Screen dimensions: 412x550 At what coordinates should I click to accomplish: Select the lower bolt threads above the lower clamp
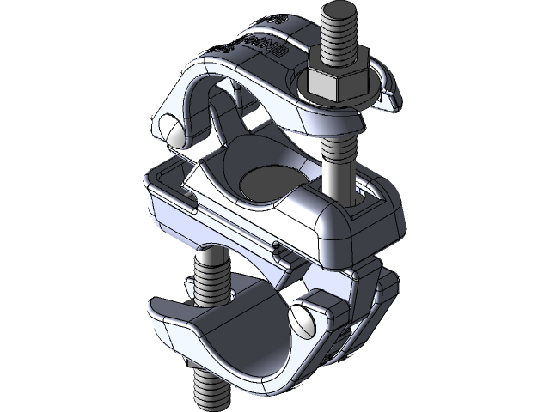click(210, 279)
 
